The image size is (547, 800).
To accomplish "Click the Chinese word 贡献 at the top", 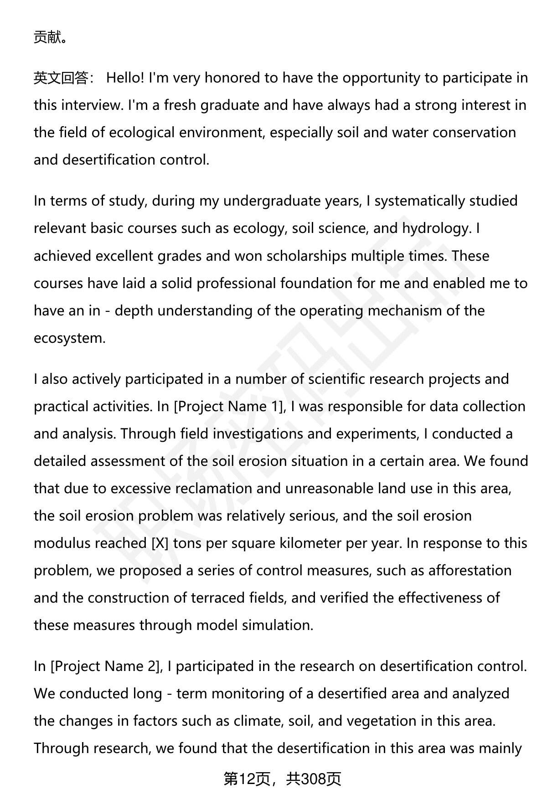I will (47, 37).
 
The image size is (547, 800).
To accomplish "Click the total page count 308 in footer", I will (314, 779).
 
